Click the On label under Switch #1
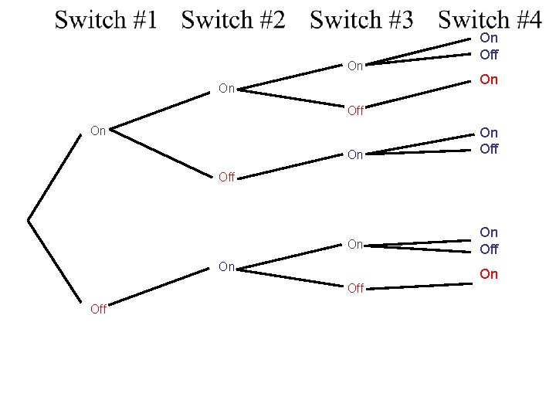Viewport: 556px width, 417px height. click(98, 131)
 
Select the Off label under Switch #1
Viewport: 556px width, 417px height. click(98, 309)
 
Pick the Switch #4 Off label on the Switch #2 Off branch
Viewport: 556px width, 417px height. click(489, 149)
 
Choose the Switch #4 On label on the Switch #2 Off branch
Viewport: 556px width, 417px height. click(489, 134)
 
